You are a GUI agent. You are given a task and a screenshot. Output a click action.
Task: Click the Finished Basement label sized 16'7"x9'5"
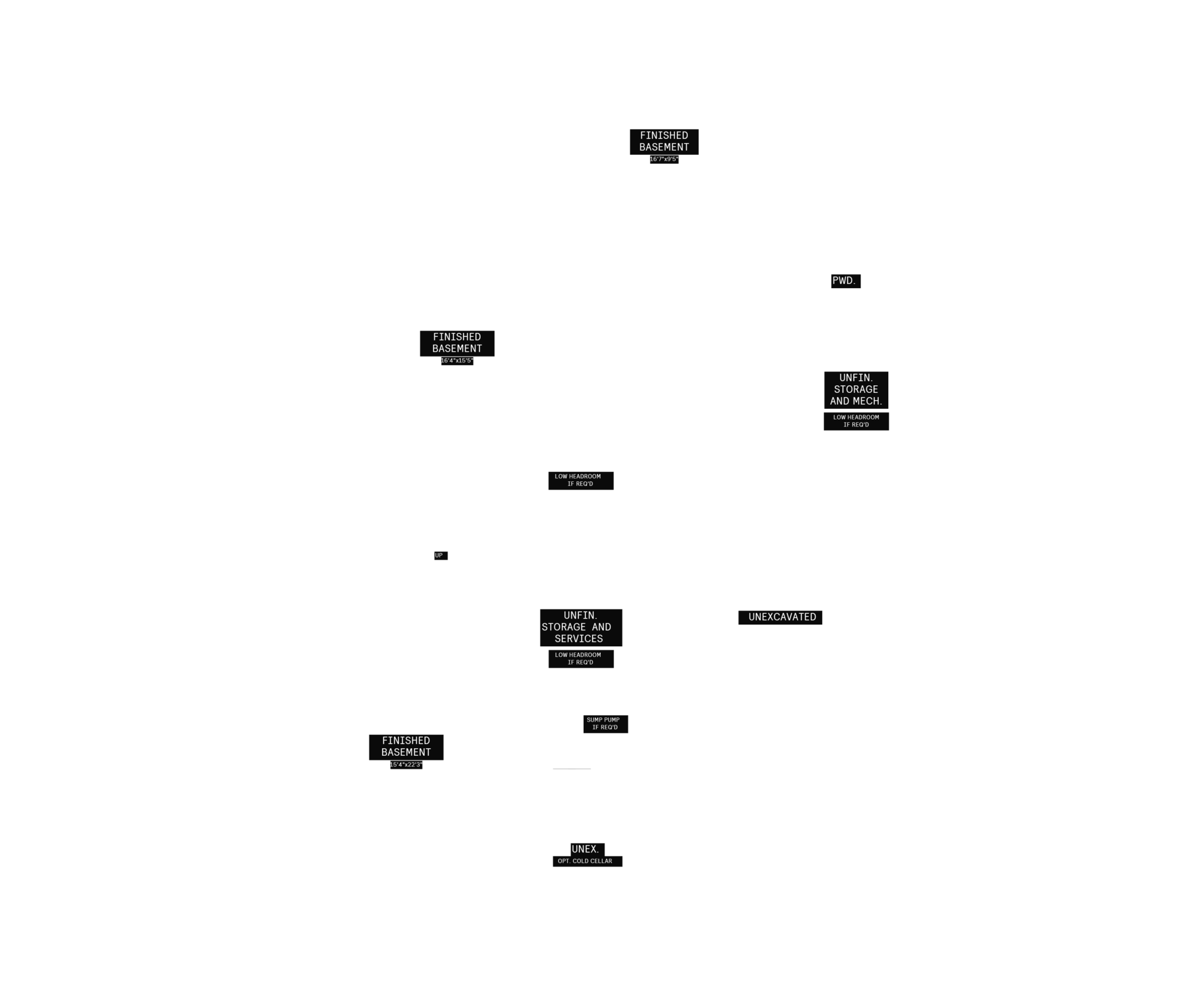pyautogui.click(x=664, y=141)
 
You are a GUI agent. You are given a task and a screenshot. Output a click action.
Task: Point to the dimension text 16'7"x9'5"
pyautogui.click(x=664, y=159)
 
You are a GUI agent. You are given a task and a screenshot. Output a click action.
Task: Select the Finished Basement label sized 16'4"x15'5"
pyautogui.click(x=457, y=343)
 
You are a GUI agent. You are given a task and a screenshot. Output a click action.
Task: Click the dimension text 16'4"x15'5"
pyautogui.click(x=457, y=361)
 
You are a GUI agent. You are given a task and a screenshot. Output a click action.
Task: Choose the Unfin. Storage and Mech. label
pyautogui.click(x=856, y=389)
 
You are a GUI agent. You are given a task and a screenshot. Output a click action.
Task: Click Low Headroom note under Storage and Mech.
pyautogui.click(x=856, y=421)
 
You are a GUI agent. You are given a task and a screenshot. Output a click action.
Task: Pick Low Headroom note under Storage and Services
pyautogui.click(x=580, y=659)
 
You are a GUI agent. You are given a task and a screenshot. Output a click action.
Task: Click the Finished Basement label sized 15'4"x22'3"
pyautogui.click(x=406, y=746)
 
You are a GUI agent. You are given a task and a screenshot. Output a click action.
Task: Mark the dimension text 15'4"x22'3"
pyautogui.click(x=406, y=765)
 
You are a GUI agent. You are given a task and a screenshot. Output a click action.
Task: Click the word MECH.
pyautogui.click(x=869, y=401)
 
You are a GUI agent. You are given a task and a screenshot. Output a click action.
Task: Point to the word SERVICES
pyautogui.click(x=578, y=639)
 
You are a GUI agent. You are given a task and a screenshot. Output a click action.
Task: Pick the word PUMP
pyautogui.click(x=612, y=720)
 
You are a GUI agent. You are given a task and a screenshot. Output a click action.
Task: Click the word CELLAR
pyautogui.click(x=601, y=861)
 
